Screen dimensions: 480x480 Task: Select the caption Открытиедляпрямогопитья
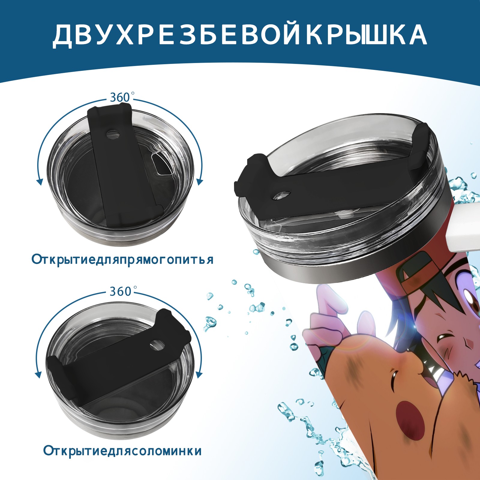click(x=123, y=259)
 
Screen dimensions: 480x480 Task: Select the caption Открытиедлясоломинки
click(x=122, y=459)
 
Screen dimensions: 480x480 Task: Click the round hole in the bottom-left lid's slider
click(x=157, y=345)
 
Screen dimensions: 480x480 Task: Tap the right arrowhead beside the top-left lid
click(x=200, y=182)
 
